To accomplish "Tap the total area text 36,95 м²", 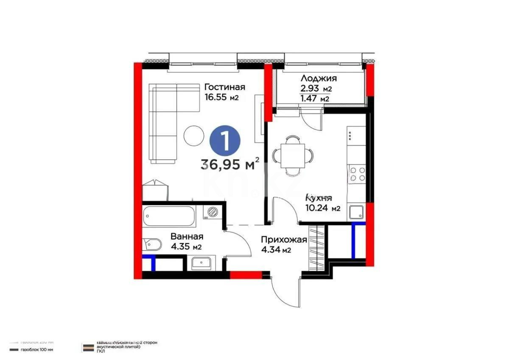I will coord(230,164).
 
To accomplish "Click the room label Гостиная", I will coord(224,87).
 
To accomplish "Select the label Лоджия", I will coord(319,78).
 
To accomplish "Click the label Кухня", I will coord(319,198).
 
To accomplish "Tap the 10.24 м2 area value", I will coord(323,208).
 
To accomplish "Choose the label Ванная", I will coord(187,236).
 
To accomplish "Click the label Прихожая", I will coord(283,240).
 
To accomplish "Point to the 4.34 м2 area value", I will coord(276,250).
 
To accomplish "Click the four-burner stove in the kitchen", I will coord(357,174).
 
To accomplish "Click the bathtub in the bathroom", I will coord(169,217).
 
